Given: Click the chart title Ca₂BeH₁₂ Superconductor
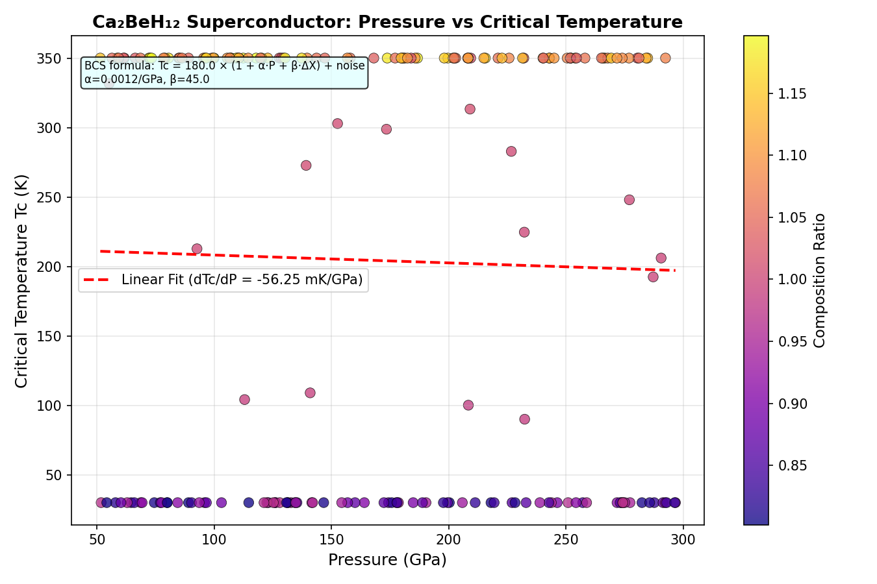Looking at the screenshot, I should pyautogui.click(x=387, y=22).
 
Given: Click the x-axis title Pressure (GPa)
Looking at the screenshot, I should pyautogui.click(x=387, y=560).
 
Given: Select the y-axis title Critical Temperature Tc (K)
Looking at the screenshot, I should pyautogui.click(x=21, y=280).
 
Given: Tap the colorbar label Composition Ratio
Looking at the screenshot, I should pyautogui.click(x=820, y=280).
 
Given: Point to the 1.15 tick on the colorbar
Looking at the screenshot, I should pyautogui.click(x=793, y=93).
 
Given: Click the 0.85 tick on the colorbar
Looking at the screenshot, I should pyautogui.click(x=793, y=466).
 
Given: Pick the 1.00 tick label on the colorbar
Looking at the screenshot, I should pyautogui.click(x=793, y=280).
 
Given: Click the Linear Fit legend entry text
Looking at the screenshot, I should pyautogui.click(x=242, y=280).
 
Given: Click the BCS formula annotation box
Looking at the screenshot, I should pyautogui.click(x=224, y=73).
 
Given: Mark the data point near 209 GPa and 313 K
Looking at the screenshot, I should pyautogui.click(x=470, y=109).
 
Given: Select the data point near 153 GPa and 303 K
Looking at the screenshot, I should pyautogui.click(x=337, y=123).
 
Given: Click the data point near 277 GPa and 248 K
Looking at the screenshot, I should pyautogui.click(x=629, y=200).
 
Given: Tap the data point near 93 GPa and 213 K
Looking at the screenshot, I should pyautogui.click(x=197, y=249).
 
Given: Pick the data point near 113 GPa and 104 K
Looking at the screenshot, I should pyautogui.click(x=244, y=400).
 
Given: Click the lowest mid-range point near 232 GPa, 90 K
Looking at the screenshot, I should pyautogui.click(x=524, y=419).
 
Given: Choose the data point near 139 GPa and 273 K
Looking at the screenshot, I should pyautogui.click(x=306, y=165).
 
